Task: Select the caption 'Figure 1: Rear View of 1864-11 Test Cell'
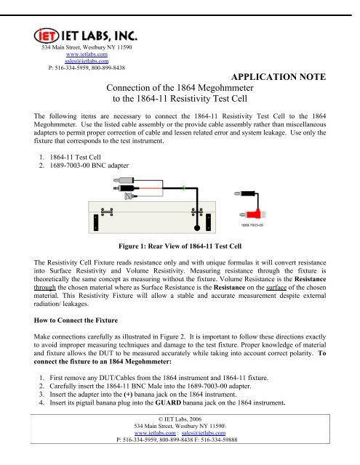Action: (180, 246)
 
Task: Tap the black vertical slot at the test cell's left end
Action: (96, 219)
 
